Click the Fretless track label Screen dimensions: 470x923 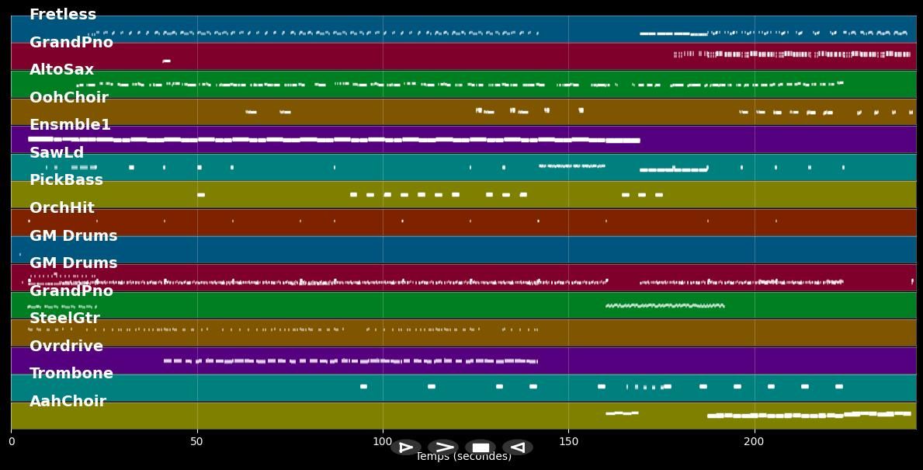(x=63, y=15)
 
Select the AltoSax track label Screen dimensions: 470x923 (x=61, y=70)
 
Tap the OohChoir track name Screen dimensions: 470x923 (x=68, y=98)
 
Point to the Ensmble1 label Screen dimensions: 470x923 (x=70, y=125)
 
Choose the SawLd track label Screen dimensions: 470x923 (x=57, y=153)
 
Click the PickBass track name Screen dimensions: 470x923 (x=66, y=180)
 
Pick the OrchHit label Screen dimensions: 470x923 (x=62, y=208)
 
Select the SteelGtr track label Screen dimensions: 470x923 (x=64, y=319)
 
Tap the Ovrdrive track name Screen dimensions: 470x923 (x=66, y=346)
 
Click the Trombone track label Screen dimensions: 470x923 (x=71, y=374)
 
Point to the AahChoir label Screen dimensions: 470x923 (x=68, y=402)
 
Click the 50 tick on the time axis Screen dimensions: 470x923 (x=196, y=442)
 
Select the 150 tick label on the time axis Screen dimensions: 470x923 (x=568, y=442)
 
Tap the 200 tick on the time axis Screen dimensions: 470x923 (x=754, y=442)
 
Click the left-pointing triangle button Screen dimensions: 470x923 (x=518, y=447)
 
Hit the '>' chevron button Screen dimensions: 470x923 (x=443, y=447)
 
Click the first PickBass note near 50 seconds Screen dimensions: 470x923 (x=201, y=195)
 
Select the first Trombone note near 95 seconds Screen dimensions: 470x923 (x=363, y=386)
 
